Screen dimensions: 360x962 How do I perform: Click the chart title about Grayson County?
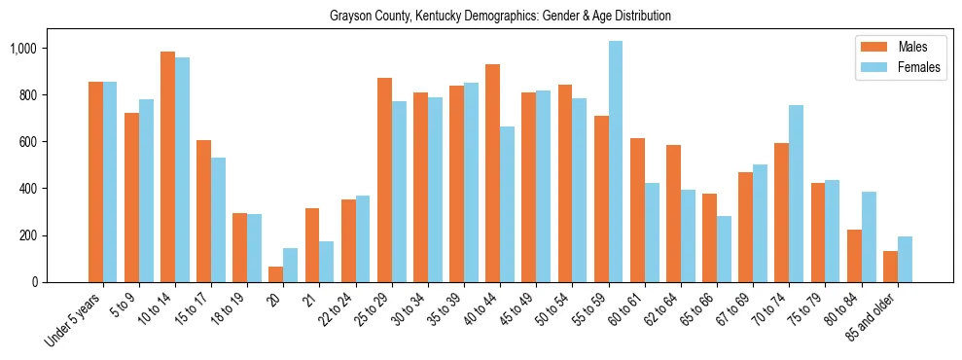pos(500,17)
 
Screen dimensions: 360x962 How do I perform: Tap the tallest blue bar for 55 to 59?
pos(616,162)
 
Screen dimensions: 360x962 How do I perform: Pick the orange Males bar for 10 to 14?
pos(167,166)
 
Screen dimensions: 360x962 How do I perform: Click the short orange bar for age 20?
pos(276,274)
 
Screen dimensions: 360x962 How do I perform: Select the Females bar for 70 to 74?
pos(796,194)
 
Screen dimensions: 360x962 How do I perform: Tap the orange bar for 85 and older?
pos(890,267)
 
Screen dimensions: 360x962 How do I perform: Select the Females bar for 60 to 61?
pos(652,233)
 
